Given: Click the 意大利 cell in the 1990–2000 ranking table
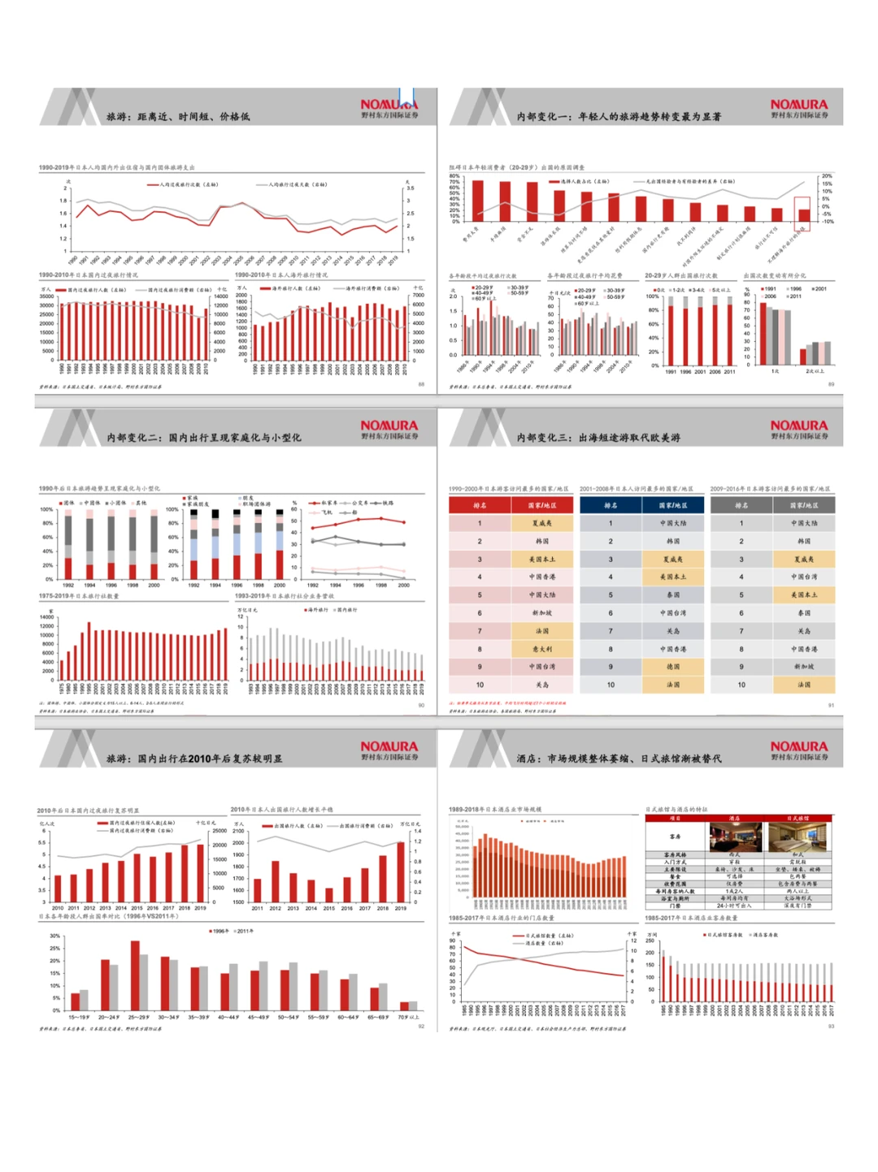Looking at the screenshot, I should click(541, 649).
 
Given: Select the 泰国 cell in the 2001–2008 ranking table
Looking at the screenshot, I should click(673, 595).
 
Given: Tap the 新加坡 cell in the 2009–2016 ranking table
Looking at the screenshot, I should click(804, 667).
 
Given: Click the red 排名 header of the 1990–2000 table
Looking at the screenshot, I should click(480, 505).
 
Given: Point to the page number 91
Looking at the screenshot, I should click(831, 705).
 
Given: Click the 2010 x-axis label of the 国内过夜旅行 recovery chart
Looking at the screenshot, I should click(58, 908).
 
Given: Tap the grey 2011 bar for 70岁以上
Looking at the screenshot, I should click(413, 1005).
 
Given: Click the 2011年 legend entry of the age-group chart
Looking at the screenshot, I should click(243, 931).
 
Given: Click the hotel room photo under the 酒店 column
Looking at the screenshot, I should click(735, 837).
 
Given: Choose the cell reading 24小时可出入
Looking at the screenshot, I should click(735, 906).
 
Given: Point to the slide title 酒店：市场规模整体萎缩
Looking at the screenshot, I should click(618, 759).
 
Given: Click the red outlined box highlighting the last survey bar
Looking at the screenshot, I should click(802, 209).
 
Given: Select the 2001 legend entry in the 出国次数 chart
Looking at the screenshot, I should click(819, 288).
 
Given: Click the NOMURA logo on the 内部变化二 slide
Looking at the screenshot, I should click(389, 426).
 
